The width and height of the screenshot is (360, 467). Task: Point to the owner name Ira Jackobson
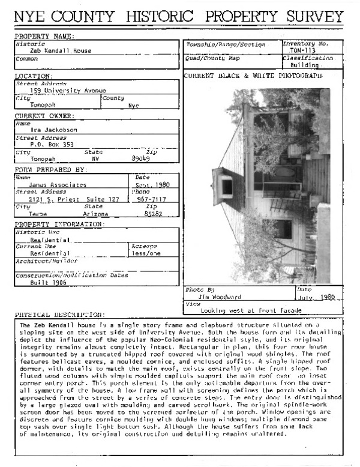[x=54, y=129]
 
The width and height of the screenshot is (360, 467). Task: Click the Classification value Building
[x=305, y=65]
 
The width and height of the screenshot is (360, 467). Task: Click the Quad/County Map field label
[x=213, y=58]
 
